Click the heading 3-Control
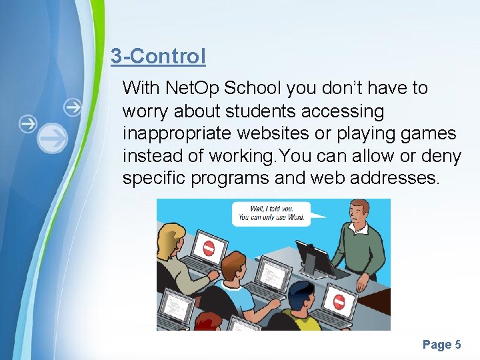(158, 56)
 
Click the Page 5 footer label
(441, 345)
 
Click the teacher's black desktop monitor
(313, 257)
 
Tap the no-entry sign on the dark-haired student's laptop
(339, 301)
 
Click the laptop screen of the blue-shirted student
(273, 272)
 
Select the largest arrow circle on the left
(52, 138)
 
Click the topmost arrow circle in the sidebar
(72, 106)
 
